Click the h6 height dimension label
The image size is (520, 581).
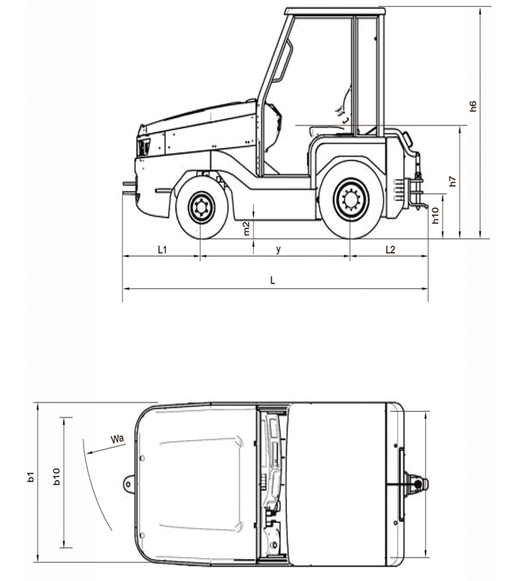pos(473,106)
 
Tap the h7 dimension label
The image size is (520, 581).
pos(453,181)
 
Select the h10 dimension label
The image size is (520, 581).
pos(435,216)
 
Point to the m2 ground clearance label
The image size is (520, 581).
pos(247,229)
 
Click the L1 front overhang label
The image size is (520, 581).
pos(162,250)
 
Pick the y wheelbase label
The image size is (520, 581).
pos(278,250)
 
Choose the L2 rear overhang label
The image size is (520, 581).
pos(390,250)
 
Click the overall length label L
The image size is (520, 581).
pos(273,280)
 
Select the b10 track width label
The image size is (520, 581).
pos(57,477)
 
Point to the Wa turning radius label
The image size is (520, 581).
pos(117,439)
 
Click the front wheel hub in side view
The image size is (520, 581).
pos(201,207)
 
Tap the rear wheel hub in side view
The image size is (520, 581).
pos(351,200)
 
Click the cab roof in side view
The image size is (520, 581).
pos(335,11)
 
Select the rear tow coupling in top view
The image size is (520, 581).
pos(417,484)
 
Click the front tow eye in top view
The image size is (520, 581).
pos(128,484)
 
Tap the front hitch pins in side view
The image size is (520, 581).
pos(130,187)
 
